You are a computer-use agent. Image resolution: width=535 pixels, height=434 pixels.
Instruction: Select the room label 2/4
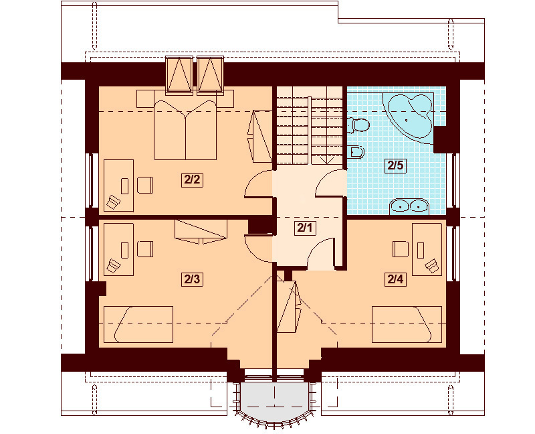pos(395,279)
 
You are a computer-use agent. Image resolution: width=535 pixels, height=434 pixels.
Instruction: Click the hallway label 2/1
pos(304,228)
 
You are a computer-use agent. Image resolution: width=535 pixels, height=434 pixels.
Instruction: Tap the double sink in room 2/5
pos(408,205)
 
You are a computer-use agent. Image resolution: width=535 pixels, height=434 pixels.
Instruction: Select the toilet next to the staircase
pos(360,125)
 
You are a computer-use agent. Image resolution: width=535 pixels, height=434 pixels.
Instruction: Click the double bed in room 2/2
pos(185,130)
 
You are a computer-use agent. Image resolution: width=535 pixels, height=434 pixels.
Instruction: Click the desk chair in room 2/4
pos(401,248)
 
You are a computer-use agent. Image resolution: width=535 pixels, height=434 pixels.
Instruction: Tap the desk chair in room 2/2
pos(146,184)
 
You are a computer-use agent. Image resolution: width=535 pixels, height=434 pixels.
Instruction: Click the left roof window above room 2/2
pos(179,73)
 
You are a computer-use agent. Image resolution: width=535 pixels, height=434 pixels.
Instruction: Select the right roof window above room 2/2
pos(209,73)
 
